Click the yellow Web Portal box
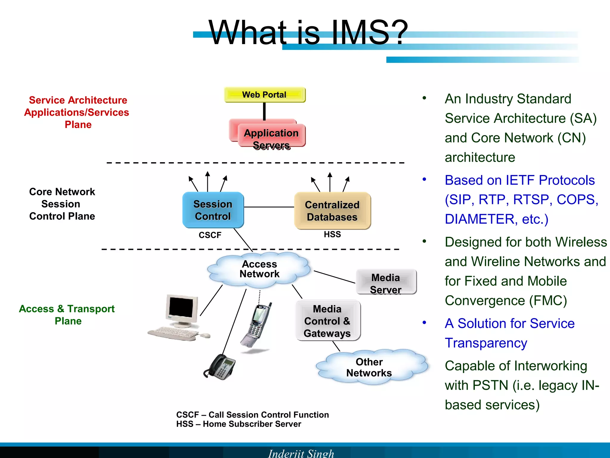pos(265,95)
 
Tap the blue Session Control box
pos(213,210)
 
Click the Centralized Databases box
pos(332,211)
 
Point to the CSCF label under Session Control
pos(210,235)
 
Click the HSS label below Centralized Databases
pos(332,234)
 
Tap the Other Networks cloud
pos(369,367)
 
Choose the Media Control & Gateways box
pos(328,321)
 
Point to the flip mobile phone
pos(256,325)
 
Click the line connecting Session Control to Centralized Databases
pos(269,207)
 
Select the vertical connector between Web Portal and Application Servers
pos(264,111)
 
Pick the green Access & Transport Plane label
pos(67,315)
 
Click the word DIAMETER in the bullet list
pos(479,219)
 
